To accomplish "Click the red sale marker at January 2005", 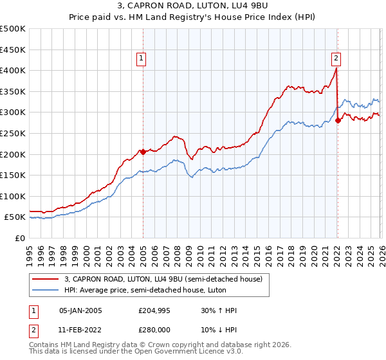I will click(x=143, y=152).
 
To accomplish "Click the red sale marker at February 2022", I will click(x=338, y=120).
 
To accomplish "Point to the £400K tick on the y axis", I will click(x=13, y=71).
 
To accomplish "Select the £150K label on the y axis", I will click(x=13, y=175).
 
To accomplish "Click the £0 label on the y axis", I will click(x=20, y=238).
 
